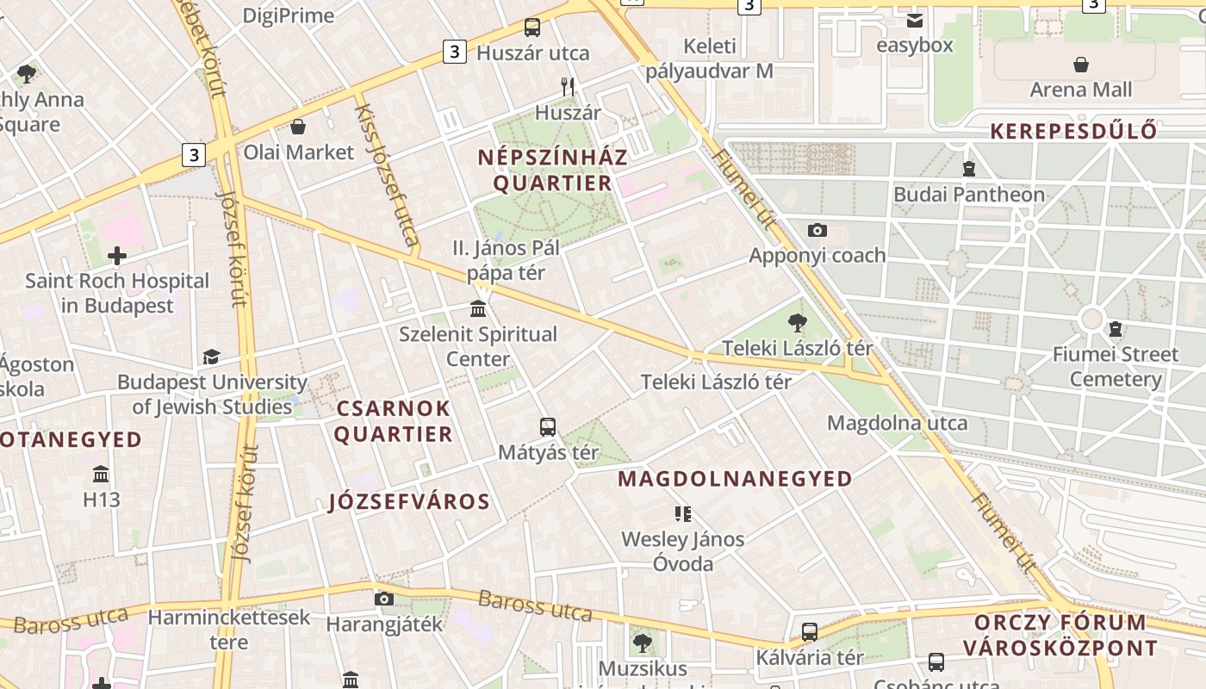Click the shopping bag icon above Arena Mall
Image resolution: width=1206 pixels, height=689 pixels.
coord(1080,65)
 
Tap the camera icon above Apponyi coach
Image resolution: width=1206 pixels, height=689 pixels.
coord(817,230)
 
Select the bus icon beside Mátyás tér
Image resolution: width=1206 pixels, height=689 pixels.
coord(547,426)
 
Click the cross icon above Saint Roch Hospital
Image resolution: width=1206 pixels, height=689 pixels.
coord(117,256)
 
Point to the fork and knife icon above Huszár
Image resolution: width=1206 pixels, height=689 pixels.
coord(567,87)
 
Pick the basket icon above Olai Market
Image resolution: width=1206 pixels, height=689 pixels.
coord(298,127)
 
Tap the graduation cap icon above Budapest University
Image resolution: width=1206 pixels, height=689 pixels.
coord(211,357)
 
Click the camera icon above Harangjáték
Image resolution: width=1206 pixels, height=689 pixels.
coord(384,599)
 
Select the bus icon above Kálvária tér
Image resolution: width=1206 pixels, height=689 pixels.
coord(809,631)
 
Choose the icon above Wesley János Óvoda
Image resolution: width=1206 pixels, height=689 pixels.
coord(683,514)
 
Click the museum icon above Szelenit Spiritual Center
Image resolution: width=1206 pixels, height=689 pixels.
coord(478,308)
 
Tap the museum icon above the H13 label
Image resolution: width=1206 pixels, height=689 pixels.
coord(101,474)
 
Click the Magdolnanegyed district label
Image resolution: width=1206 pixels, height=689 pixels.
coord(736,479)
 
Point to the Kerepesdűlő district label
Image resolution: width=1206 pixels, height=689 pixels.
coord(1072,132)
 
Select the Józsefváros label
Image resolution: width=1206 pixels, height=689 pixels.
coord(409,501)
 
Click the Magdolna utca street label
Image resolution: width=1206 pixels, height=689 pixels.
coord(897,423)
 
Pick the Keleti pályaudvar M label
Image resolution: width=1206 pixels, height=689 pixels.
coord(710,59)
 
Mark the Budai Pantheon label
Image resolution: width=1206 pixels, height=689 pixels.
coord(968,195)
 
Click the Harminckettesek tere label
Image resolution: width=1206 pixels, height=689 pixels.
coord(228,630)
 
